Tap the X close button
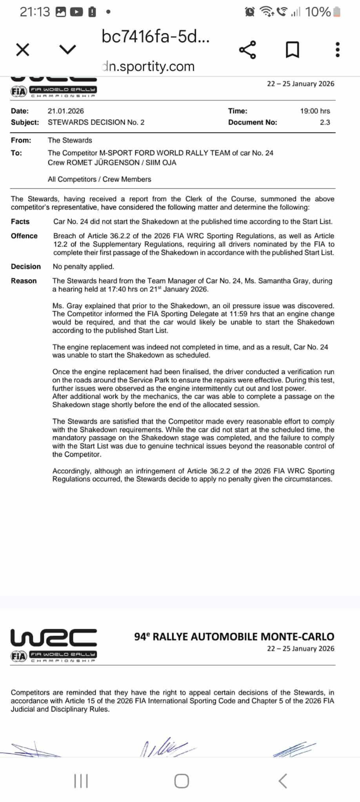tap(23, 50)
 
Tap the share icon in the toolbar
tap(247, 50)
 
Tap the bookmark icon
tap(292, 50)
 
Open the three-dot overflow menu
tap(337, 50)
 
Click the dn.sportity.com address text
tap(148, 66)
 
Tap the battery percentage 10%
tap(318, 12)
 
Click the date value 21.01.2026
tap(65, 111)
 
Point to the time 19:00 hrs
tap(315, 111)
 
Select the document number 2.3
tap(325, 122)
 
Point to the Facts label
tap(20, 221)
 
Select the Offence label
tap(24, 236)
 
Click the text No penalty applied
tap(84, 267)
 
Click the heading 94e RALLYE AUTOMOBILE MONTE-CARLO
tap(234, 637)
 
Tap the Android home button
tap(181, 781)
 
